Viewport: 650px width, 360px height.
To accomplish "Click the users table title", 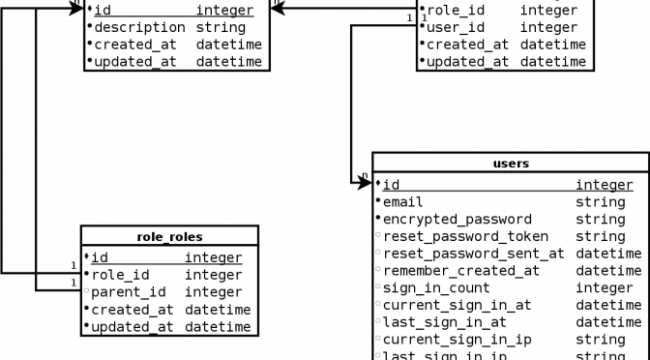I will click(x=511, y=164).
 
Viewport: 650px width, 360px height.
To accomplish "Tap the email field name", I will click(x=403, y=202).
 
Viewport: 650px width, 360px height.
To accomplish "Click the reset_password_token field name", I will click(x=465, y=236).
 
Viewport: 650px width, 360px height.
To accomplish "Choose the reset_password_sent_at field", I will click(x=474, y=254).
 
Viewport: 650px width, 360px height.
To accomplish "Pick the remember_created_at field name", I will click(x=461, y=271).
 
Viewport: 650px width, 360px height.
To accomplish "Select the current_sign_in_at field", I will click(x=458, y=306).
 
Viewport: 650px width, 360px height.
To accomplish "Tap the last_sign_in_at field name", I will click(x=445, y=322).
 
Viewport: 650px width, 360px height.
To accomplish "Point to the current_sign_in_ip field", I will click(x=458, y=340).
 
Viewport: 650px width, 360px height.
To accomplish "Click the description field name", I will click(x=139, y=27).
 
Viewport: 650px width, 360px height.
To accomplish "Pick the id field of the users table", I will click(x=391, y=185).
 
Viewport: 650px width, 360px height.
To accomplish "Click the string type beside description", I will click(x=221, y=27).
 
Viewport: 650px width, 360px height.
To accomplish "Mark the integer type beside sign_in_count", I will click(x=605, y=288).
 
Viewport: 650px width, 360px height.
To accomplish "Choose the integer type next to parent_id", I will click(x=214, y=292).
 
